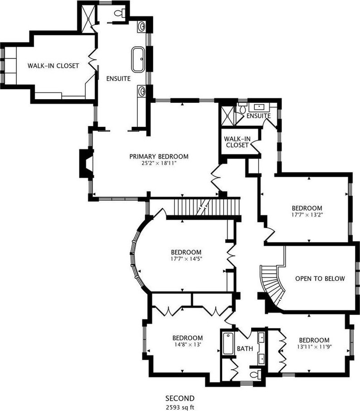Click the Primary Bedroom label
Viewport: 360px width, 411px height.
(159, 156)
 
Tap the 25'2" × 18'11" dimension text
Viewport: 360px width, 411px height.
(159, 163)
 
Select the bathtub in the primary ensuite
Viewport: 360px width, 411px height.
(138, 59)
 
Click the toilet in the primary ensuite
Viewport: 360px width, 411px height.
(120, 13)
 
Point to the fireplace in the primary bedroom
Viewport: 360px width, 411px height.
(86, 164)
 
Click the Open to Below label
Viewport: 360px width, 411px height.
(320, 278)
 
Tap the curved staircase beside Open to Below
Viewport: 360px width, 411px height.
(272, 285)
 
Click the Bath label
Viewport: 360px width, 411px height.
(245, 348)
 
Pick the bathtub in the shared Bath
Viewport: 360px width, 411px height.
(228, 343)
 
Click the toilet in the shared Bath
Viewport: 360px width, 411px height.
(256, 374)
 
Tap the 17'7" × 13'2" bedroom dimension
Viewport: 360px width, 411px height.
(307, 215)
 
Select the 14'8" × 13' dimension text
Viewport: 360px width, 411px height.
(187, 344)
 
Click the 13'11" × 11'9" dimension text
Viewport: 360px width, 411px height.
(314, 347)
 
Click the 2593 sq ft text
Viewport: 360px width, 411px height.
(180, 407)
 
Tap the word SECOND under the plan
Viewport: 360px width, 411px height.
(180, 398)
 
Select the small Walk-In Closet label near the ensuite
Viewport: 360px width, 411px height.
(237, 142)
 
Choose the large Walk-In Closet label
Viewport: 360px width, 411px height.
(53, 66)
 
